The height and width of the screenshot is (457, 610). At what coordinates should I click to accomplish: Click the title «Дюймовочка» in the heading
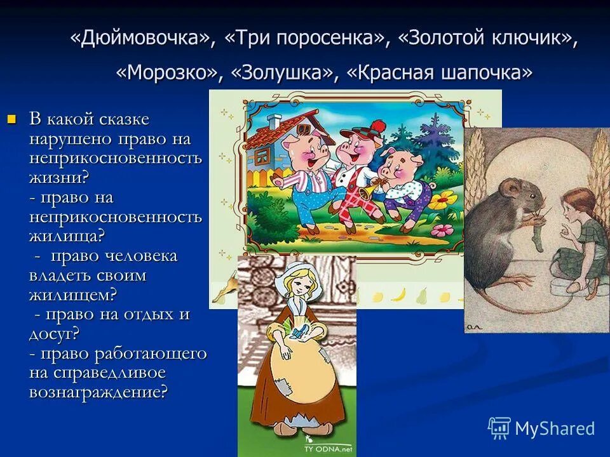[143, 38]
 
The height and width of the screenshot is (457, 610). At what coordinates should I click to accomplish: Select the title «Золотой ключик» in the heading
[487, 38]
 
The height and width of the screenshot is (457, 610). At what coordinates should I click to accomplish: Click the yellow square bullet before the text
[11, 119]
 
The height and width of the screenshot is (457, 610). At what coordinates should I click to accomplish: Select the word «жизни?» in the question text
[58, 177]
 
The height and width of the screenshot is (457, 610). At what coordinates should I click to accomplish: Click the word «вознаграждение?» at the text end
[98, 392]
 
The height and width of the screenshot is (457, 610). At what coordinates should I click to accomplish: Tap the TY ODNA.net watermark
[327, 448]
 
